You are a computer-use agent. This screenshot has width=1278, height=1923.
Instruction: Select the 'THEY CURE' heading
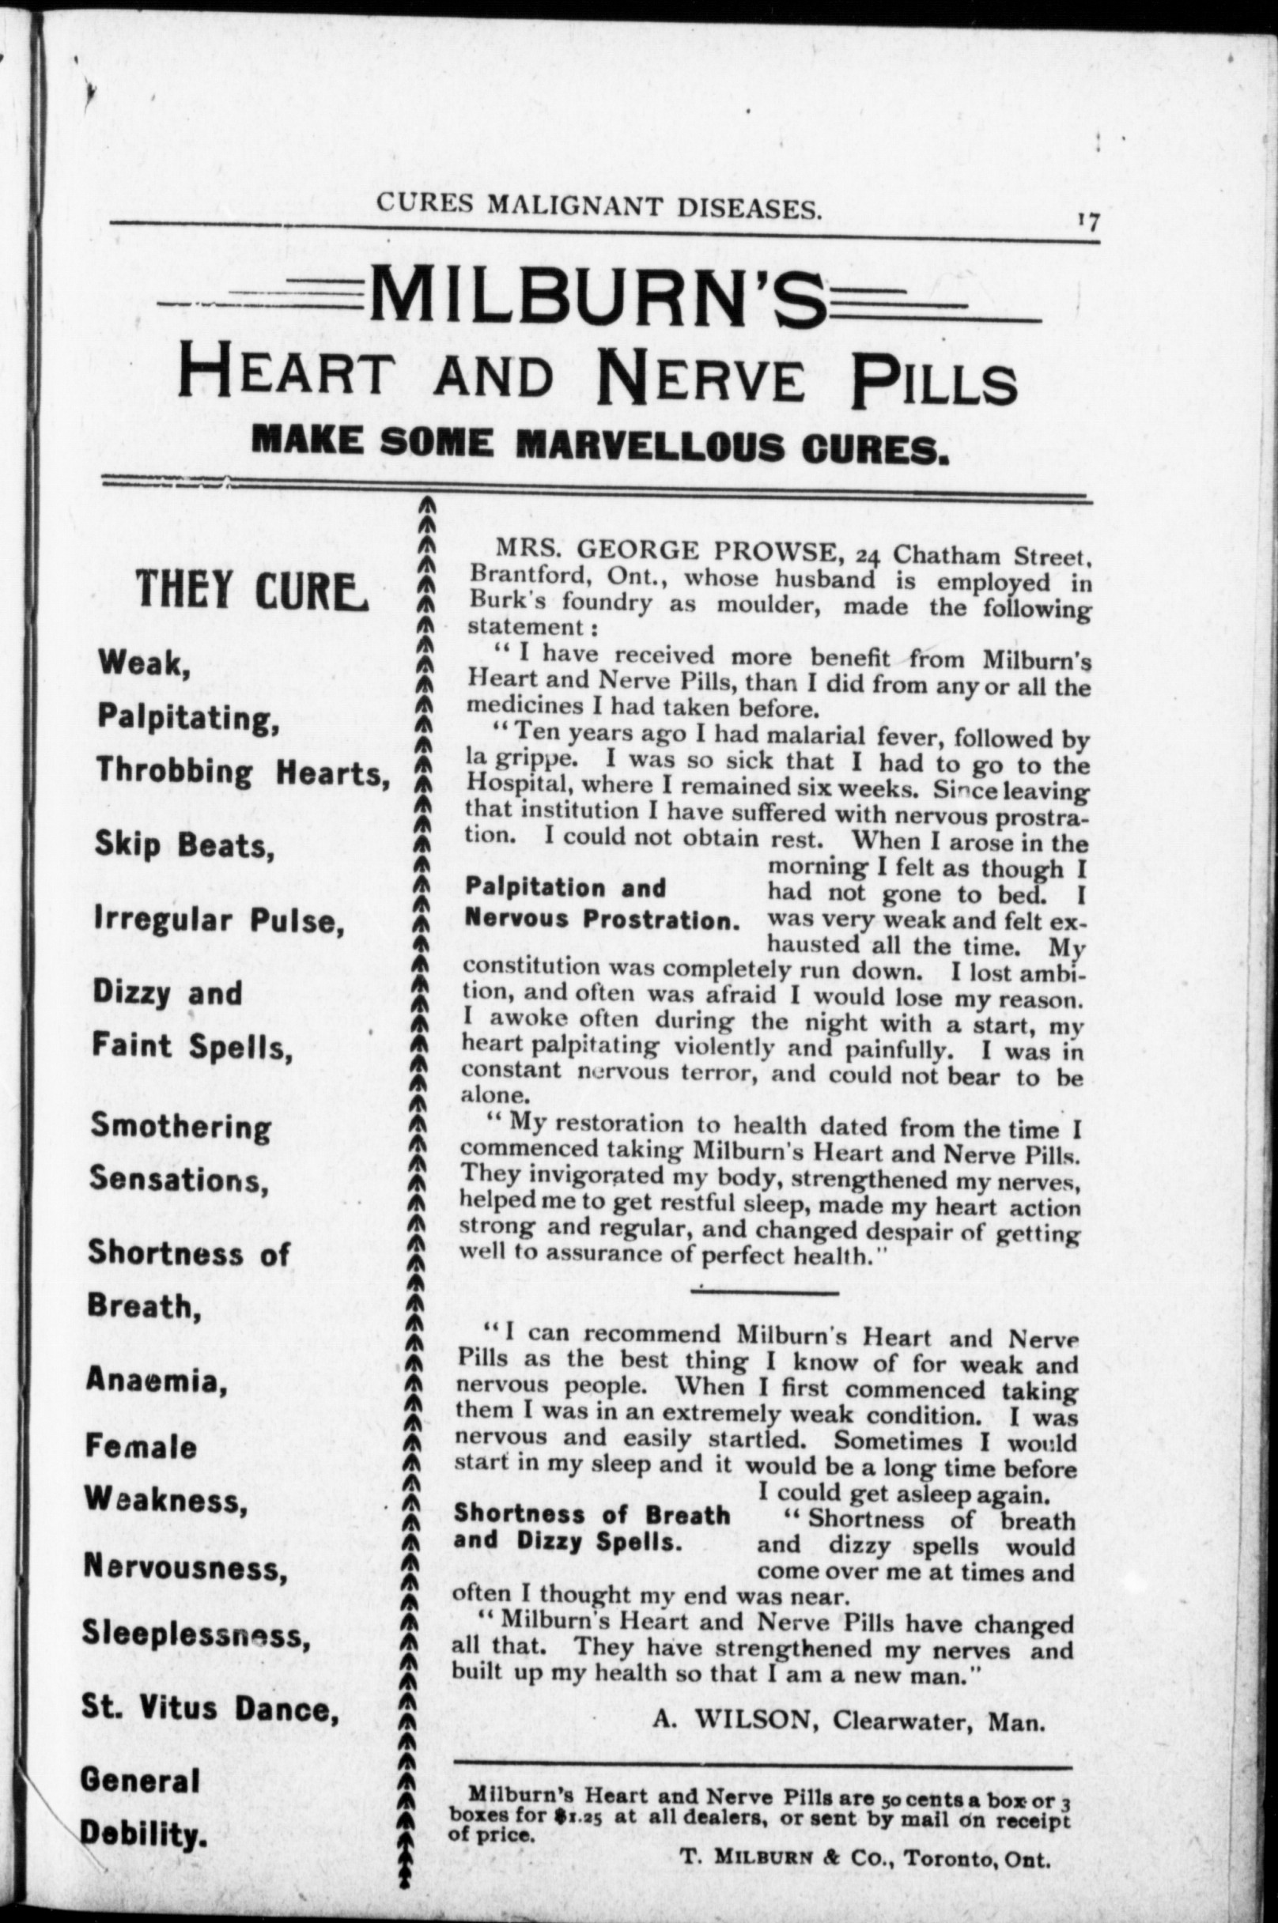pyautogui.click(x=251, y=588)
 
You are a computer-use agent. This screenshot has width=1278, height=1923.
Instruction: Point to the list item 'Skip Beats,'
pyautogui.click(x=184, y=847)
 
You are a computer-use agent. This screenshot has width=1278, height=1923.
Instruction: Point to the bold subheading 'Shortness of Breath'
pyautogui.click(x=592, y=1514)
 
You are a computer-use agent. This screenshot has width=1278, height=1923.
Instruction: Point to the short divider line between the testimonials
pyautogui.click(x=764, y=1291)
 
